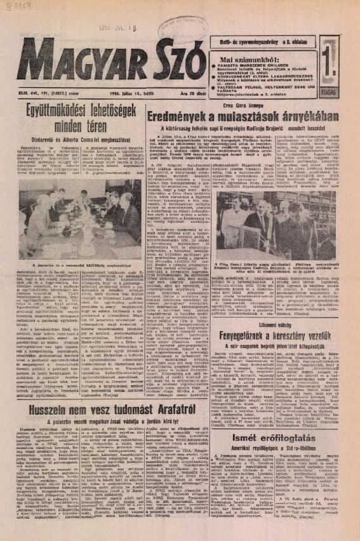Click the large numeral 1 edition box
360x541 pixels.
(x=329, y=61)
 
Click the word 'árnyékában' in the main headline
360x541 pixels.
(x=305, y=116)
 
